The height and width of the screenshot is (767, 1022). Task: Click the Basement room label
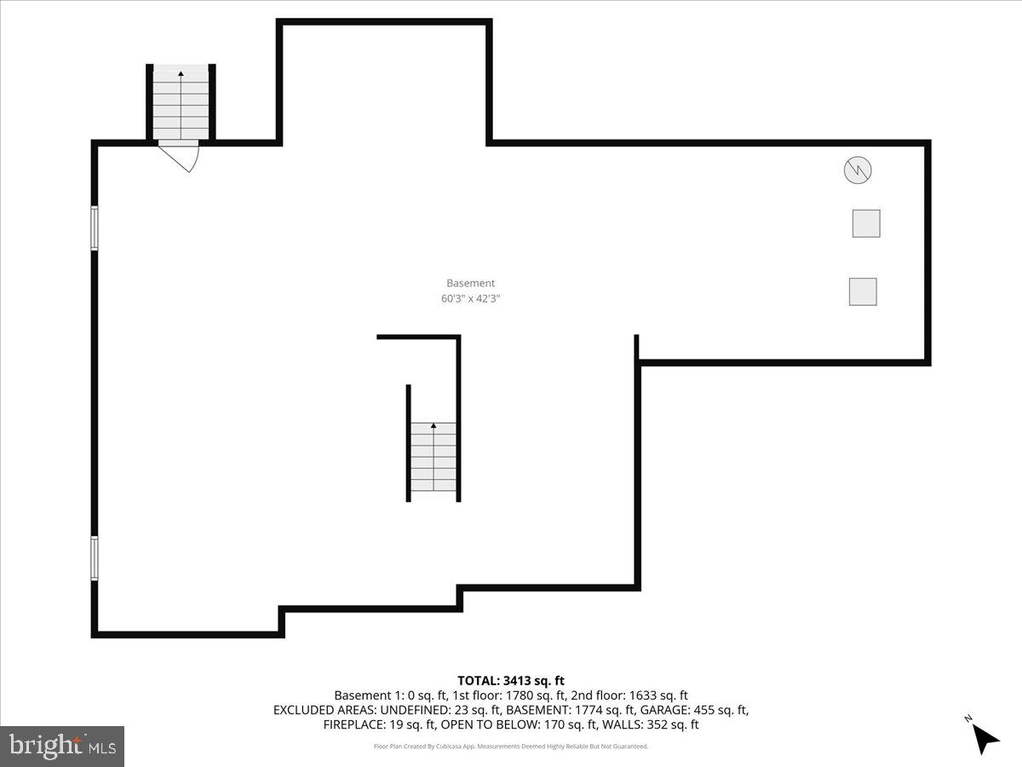click(470, 283)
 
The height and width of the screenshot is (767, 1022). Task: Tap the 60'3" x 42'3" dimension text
click(470, 299)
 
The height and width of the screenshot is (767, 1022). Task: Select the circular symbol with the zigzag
click(858, 170)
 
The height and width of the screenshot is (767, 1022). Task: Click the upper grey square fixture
click(866, 223)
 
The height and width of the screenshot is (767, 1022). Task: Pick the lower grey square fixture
click(863, 291)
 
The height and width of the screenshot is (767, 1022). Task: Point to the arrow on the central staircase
click(433, 426)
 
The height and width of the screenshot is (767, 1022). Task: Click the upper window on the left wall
click(95, 228)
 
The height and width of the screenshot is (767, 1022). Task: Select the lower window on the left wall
click(95, 558)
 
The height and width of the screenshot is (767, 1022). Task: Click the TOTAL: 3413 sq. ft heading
click(511, 680)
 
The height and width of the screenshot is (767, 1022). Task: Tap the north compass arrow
click(986, 737)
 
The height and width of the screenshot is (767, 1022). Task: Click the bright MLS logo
click(62, 747)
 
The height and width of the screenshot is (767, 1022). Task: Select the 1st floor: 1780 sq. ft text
click(485, 695)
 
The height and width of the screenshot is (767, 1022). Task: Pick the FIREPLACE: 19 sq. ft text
click(380, 725)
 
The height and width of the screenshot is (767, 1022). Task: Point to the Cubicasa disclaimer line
click(511, 747)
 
